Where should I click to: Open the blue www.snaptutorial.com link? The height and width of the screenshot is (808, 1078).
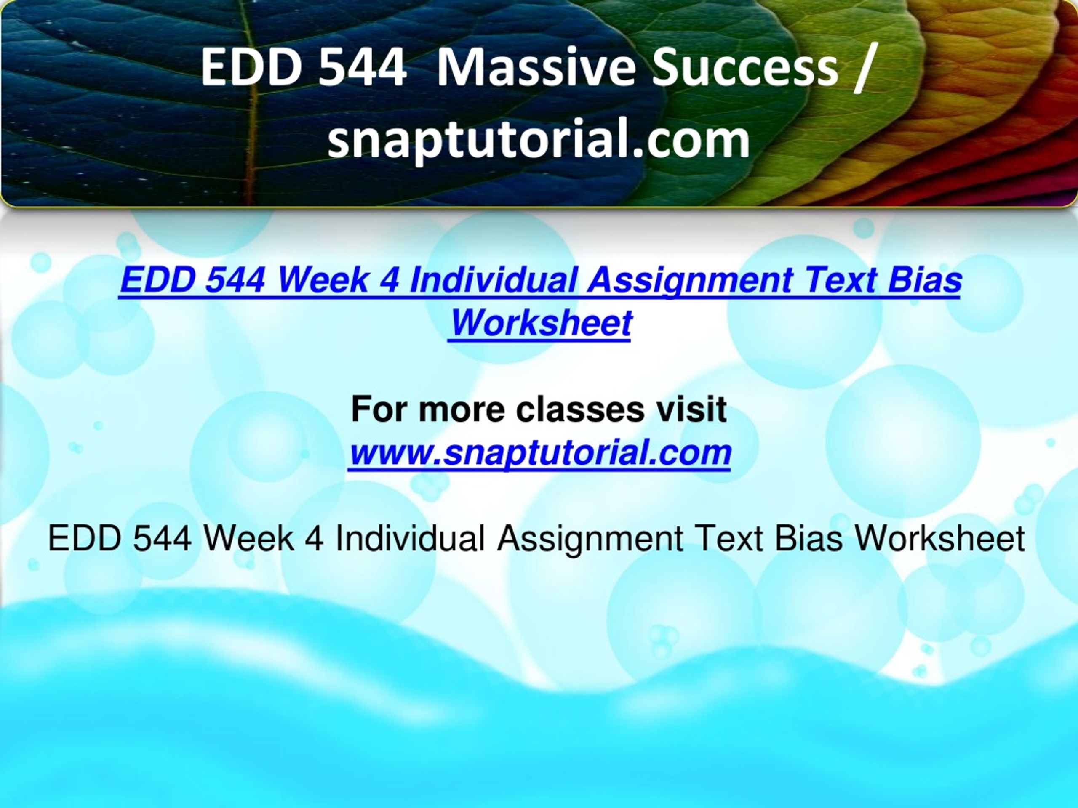pos(539,452)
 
